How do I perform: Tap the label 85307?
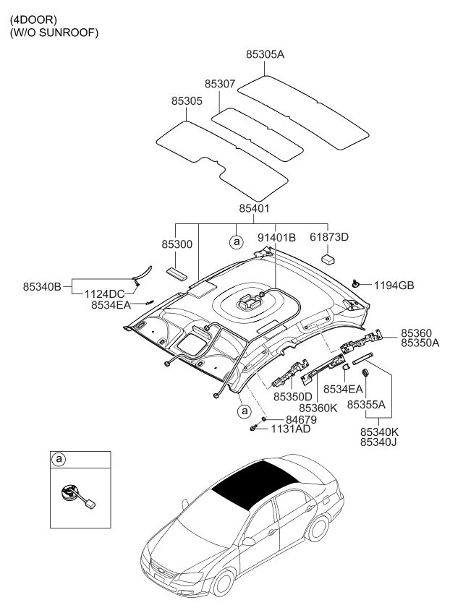(219, 85)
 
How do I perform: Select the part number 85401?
(254, 209)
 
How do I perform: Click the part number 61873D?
(329, 236)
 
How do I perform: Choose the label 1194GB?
(394, 286)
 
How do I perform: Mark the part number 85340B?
(42, 287)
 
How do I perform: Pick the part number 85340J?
(378, 442)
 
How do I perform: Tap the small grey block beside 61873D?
(329, 257)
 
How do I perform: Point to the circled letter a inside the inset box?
(59, 460)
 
